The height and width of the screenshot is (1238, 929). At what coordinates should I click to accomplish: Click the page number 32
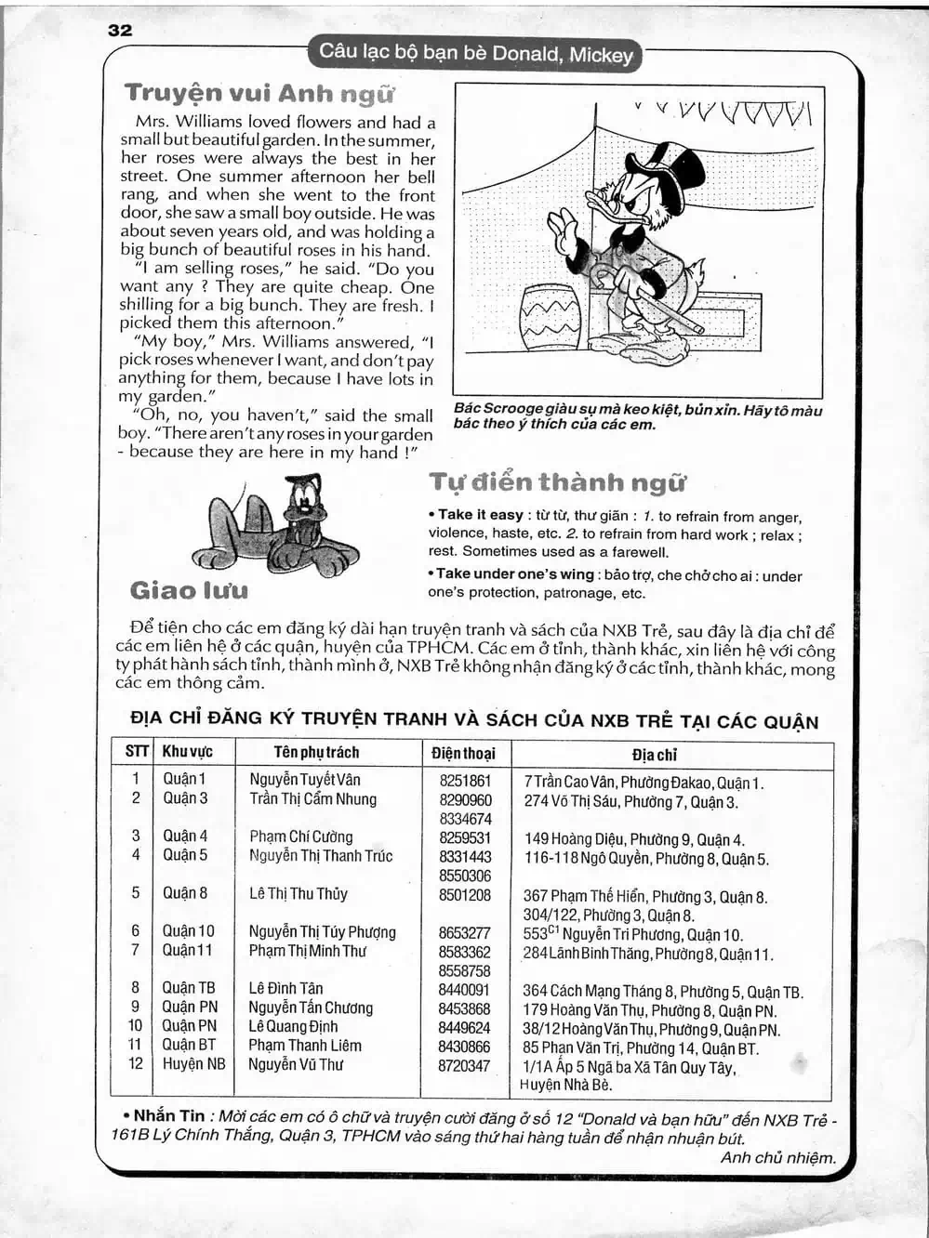[121, 30]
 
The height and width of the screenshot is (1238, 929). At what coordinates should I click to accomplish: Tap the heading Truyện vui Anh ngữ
[259, 93]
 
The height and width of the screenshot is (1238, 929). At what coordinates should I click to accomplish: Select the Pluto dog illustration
[276, 526]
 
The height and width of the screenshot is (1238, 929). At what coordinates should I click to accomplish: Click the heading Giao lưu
[190, 590]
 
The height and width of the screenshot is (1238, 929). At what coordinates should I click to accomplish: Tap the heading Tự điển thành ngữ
[557, 482]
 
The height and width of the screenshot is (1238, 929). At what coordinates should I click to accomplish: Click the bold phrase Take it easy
[480, 515]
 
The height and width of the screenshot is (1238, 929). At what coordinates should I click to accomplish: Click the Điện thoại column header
[464, 753]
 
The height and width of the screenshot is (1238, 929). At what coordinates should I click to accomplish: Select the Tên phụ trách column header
[316, 752]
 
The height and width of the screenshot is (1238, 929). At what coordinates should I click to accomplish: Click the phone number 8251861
[465, 781]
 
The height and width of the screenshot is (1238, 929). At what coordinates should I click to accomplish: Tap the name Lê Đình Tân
[285, 988]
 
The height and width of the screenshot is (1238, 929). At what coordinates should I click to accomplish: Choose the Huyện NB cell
[193, 1064]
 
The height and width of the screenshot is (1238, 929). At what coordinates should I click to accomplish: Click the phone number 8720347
[464, 1065]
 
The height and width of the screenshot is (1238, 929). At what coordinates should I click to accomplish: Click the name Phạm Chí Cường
[300, 836]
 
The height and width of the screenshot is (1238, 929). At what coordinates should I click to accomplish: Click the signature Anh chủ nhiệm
[777, 1158]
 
